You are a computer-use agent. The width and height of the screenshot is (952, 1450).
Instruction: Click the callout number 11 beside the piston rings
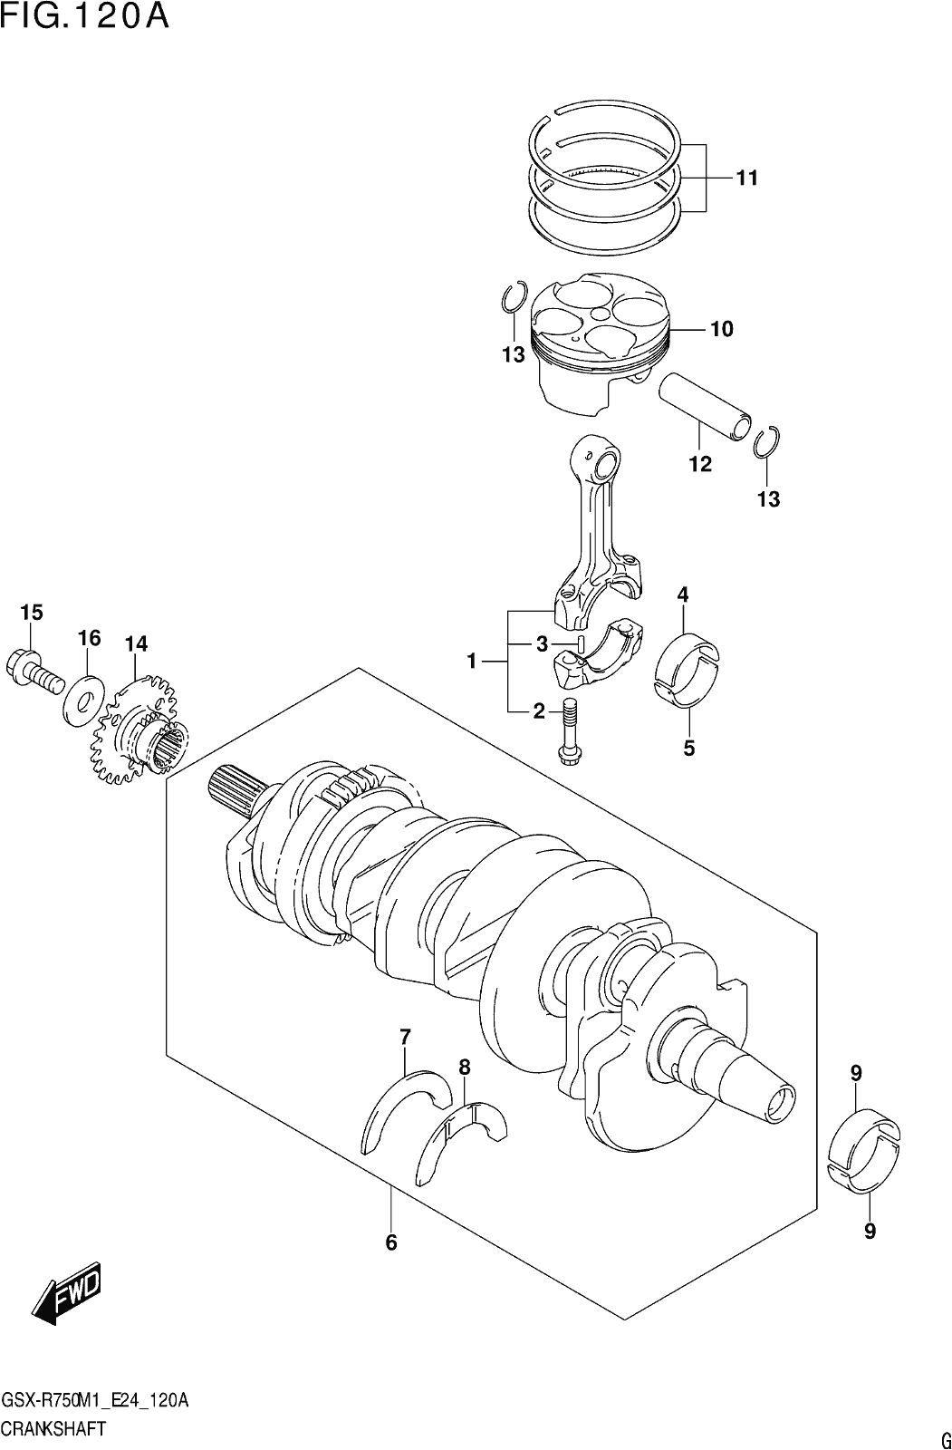pyautogui.click(x=747, y=178)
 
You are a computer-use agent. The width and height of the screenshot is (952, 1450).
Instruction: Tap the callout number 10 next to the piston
pyautogui.click(x=722, y=330)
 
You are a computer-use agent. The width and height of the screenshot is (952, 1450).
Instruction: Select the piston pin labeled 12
pyautogui.click(x=706, y=409)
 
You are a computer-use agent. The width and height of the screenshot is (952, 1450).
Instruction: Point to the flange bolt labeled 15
pyautogui.click(x=34, y=673)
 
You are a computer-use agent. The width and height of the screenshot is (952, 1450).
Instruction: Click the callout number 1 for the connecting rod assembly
pyautogui.click(x=472, y=661)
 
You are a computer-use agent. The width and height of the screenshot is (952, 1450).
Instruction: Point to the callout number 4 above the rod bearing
pyautogui.click(x=683, y=594)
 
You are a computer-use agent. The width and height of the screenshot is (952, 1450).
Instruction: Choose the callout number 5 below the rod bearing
pyautogui.click(x=688, y=749)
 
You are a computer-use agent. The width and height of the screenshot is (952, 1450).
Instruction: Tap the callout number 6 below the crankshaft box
pyautogui.click(x=390, y=1242)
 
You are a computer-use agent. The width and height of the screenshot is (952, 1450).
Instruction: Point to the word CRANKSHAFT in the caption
pyautogui.click(x=54, y=1427)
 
